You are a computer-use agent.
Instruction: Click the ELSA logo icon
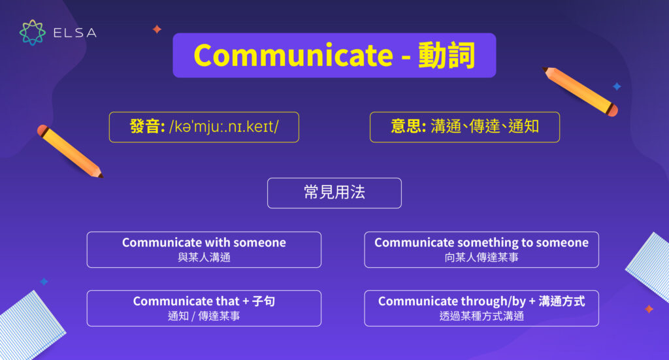click(32, 33)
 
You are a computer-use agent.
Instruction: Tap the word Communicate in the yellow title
click(293, 56)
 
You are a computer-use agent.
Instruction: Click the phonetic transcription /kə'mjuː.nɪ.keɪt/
click(223, 127)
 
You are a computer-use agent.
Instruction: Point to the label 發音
click(147, 127)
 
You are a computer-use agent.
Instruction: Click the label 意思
click(408, 127)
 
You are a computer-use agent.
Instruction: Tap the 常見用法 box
click(334, 193)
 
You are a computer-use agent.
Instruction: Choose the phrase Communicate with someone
click(204, 242)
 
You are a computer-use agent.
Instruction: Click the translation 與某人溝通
click(204, 257)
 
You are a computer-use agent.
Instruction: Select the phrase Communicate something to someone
click(481, 242)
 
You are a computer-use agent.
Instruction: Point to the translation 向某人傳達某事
click(481, 257)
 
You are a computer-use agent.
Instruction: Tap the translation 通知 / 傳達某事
click(204, 316)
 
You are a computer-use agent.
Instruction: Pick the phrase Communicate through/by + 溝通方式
click(481, 301)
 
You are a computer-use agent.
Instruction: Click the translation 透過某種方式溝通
click(481, 316)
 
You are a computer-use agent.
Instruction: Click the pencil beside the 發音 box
click(70, 151)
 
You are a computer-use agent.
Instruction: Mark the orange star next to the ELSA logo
click(157, 29)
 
